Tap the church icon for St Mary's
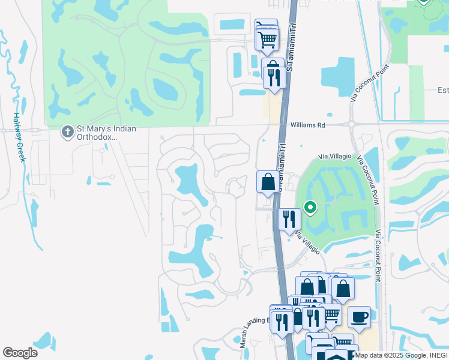(x=68, y=130)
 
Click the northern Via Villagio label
(x=334, y=156)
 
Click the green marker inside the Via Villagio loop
(x=310, y=208)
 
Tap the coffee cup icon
(x=359, y=316)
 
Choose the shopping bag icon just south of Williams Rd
(x=268, y=181)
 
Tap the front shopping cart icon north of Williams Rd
(x=267, y=40)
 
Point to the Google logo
(x=20, y=353)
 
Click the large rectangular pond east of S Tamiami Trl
(x=338, y=76)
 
